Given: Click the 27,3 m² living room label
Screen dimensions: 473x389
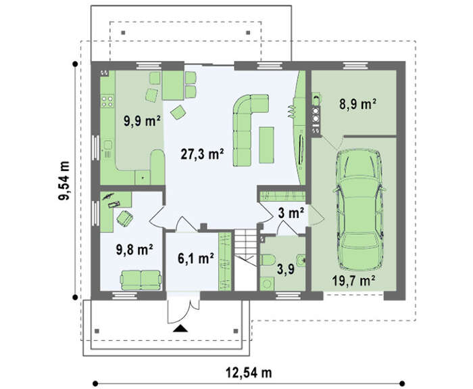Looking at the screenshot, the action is pos(202,154).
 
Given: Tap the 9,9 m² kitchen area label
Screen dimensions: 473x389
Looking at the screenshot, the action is pos(142,121).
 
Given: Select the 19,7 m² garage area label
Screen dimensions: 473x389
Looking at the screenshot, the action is pos(353,281).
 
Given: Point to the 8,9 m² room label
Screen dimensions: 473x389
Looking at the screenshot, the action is pos(357,104).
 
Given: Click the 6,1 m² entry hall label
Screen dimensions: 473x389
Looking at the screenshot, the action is pos(196,258).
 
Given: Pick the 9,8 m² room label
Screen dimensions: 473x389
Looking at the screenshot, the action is pos(134,250).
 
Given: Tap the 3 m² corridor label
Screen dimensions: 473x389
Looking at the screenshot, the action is pos(291,213).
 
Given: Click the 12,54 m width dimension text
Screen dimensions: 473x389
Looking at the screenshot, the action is pos(249,372).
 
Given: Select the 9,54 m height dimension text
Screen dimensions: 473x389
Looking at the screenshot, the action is pos(64,181).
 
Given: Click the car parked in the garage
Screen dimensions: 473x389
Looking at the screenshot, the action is pos(359,209).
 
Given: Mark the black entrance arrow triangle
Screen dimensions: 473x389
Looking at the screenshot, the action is pos(180,328).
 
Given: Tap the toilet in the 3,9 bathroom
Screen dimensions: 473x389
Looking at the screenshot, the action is pos(268,260).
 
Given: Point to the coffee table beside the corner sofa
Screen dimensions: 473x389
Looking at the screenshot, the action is pos(267,145).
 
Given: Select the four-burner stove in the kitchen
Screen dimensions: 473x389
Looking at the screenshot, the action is pos(107,101).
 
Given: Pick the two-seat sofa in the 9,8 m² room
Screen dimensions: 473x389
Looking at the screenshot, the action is pos(141,280).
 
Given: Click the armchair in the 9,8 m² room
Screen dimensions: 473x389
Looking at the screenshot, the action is pos(124,219).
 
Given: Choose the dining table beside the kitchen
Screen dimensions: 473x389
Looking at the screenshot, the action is pos(173,85).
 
